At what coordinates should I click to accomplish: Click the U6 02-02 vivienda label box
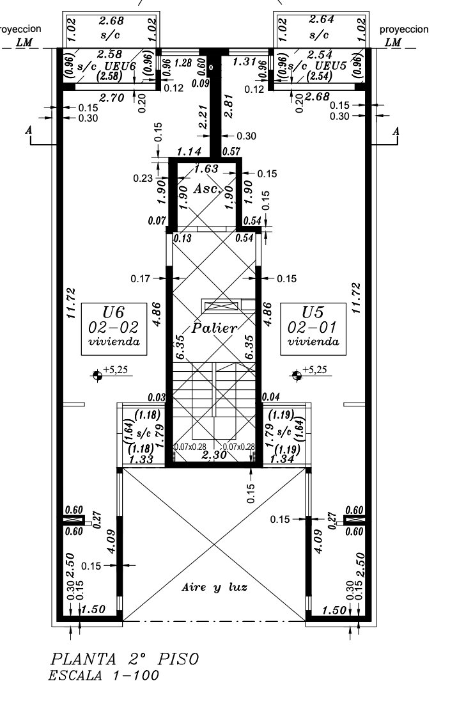[114, 329]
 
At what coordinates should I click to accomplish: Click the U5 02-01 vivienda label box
[313, 329]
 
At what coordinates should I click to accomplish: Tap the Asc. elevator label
[208, 189]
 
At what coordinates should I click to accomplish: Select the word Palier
[214, 328]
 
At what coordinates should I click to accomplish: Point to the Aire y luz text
[214, 588]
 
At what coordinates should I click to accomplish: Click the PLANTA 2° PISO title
[124, 659]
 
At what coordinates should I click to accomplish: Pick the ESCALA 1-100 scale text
[104, 675]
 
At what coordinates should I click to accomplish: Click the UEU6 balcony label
[120, 66]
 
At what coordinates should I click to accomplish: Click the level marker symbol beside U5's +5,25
[297, 375]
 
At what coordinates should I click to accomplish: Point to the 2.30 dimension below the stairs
[213, 455]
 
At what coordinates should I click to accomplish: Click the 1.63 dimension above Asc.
[206, 169]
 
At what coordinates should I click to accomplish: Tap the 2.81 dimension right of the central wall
[229, 106]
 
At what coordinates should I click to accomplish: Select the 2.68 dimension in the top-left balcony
[111, 21]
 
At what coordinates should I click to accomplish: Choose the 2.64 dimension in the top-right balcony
[321, 20]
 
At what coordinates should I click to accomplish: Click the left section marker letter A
[29, 130]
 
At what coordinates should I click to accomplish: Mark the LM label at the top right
[393, 43]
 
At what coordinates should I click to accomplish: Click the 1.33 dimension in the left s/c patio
[141, 460]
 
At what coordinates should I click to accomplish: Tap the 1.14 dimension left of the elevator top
[189, 152]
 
